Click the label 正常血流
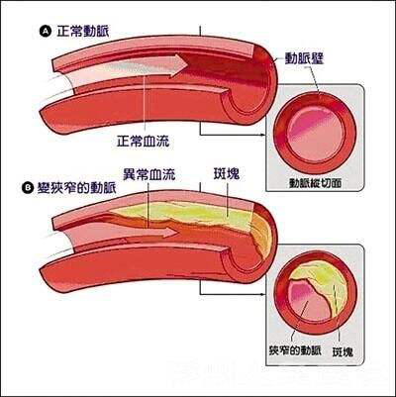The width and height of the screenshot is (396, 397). pos(145,137)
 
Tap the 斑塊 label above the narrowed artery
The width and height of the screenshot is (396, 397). pos(227,173)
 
